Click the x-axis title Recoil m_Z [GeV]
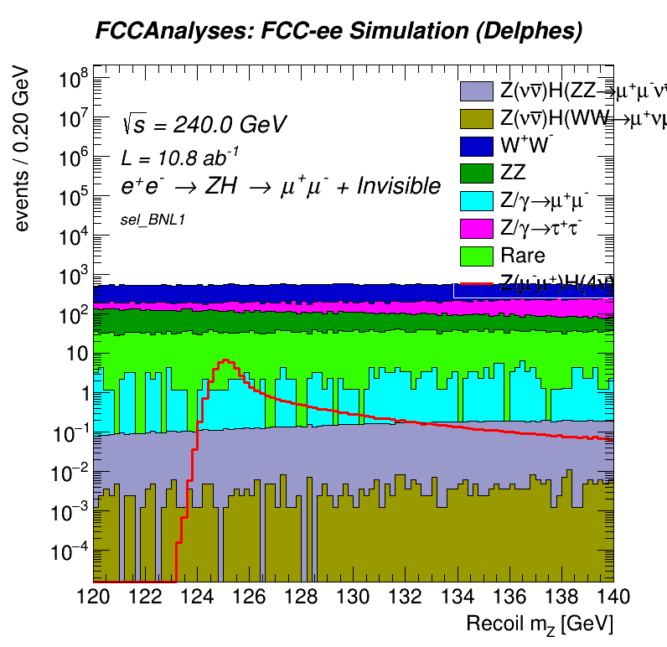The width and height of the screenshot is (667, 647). [540, 624]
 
